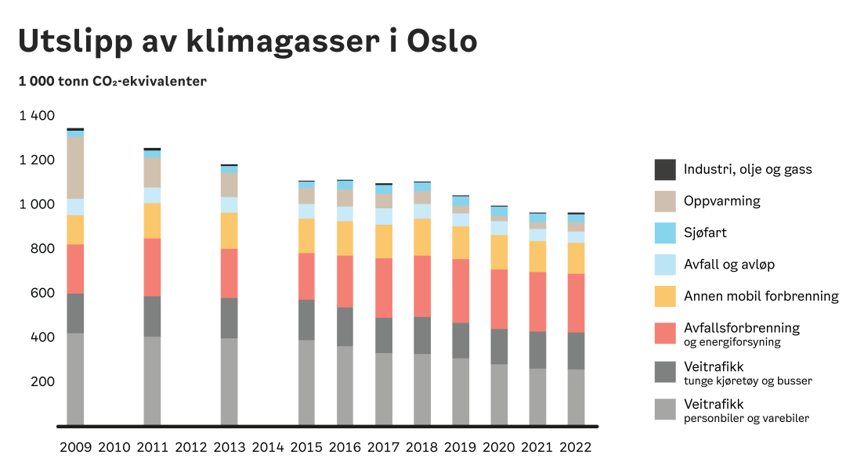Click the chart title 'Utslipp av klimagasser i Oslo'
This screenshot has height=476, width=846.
point(248,41)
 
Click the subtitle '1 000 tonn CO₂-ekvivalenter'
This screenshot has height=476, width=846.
point(112,81)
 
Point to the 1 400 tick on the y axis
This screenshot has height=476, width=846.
point(37,116)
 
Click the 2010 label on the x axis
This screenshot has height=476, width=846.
point(114,448)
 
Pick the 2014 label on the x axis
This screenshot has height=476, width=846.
point(268,448)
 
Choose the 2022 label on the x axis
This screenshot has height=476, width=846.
point(576,448)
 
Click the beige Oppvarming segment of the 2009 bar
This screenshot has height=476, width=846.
point(75,168)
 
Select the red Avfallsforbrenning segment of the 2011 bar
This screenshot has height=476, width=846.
point(152,267)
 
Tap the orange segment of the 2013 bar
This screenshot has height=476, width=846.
point(229,230)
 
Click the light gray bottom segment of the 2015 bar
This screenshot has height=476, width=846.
point(306,383)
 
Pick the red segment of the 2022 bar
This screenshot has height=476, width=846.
point(576,303)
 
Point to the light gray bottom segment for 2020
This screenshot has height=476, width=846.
point(499,395)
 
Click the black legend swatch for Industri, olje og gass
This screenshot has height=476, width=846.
point(664,169)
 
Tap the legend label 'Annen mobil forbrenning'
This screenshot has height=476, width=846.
point(761,296)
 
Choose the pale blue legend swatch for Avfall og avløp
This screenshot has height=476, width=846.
point(664,265)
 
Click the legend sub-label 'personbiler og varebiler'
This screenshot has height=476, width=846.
point(746,418)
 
